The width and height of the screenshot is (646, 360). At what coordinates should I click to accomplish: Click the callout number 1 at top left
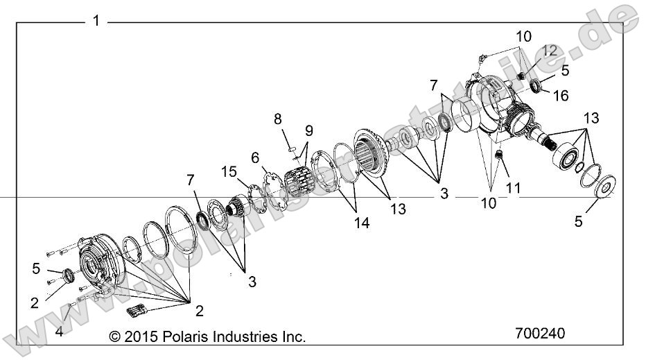click(96, 22)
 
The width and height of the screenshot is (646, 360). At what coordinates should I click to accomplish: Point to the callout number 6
click(254, 157)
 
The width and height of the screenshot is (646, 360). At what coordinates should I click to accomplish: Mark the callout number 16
click(561, 95)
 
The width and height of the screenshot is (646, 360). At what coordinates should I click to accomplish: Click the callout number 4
click(59, 332)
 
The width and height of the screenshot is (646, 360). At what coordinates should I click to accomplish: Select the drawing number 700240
click(540, 333)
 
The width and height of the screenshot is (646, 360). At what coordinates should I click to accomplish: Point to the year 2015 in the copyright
click(137, 336)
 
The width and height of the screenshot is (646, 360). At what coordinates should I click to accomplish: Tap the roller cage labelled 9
click(300, 171)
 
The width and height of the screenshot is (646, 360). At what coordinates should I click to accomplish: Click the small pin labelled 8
click(292, 147)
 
